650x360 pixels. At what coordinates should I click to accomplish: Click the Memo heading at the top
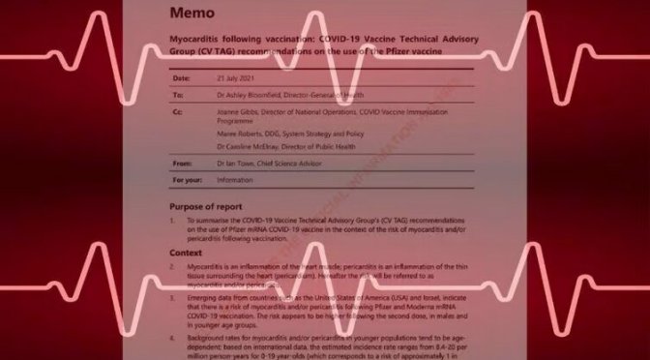pos(194,14)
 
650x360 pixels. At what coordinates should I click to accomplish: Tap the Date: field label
pos(182,78)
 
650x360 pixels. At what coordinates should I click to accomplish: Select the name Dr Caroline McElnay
pos(264,147)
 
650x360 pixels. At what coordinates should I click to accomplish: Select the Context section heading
pos(186,253)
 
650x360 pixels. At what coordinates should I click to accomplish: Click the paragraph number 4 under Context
pos(174,330)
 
